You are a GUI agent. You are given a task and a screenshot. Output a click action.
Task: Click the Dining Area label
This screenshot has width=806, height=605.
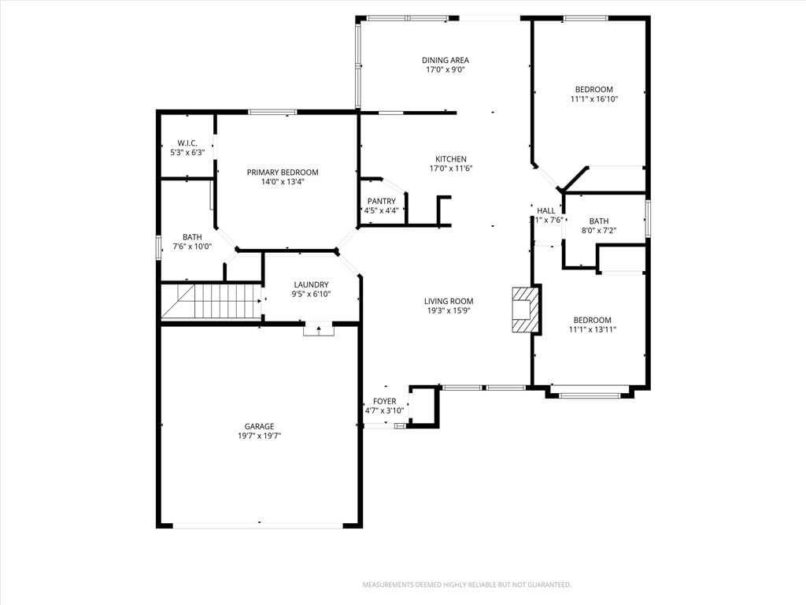(446, 60)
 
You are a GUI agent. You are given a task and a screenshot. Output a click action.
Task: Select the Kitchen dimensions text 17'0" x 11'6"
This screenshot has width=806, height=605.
(451, 169)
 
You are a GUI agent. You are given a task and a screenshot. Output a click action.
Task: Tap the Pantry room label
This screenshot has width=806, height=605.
(382, 201)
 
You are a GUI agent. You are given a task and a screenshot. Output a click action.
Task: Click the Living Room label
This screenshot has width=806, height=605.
(449, 301)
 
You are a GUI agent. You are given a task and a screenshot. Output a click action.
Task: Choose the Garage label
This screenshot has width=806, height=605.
(259, 426)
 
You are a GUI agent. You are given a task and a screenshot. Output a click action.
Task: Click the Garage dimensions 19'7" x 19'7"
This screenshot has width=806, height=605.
(259, 436)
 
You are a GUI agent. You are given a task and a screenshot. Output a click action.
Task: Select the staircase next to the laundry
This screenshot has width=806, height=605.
(211, 302)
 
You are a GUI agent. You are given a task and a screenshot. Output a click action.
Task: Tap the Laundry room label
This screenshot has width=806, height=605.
(311, 284)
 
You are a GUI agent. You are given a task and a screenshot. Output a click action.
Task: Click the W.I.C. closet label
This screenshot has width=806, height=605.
(187, 143)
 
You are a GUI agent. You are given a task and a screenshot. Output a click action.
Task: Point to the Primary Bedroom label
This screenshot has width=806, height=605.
(283, 173)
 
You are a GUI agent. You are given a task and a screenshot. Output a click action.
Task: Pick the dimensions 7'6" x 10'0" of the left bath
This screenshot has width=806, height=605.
(192, 247)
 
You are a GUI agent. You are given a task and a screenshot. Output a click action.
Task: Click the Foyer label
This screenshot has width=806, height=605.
(384, 401)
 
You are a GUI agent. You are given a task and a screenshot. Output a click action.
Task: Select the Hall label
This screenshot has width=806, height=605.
(546, 210)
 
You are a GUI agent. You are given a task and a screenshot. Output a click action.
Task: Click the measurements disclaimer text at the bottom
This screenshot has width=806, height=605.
(467, 585)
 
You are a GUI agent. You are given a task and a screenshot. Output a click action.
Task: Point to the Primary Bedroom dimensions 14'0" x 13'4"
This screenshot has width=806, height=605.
(283, 182)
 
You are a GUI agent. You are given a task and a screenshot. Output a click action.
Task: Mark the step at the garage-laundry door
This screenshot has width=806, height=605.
(319, 330)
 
